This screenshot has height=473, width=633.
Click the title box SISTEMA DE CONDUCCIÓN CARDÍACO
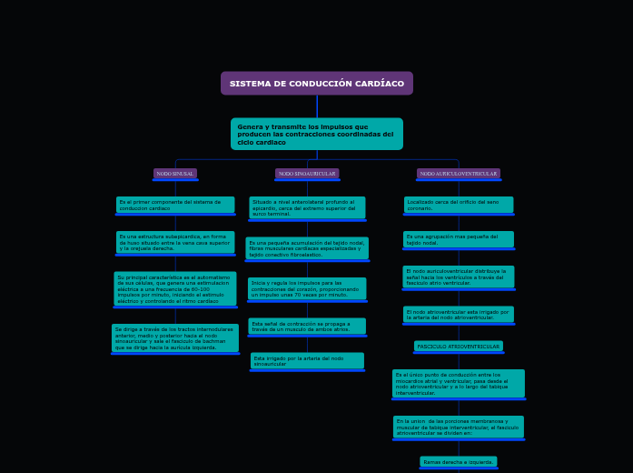coord(316,84)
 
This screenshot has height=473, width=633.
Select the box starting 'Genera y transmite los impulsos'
coord(316,135)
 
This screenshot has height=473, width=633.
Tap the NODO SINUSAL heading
coord(175,174)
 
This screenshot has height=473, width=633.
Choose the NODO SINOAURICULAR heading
coord(307,174)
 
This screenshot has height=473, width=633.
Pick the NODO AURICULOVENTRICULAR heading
coord(459,174)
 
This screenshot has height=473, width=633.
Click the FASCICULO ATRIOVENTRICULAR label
coord(459,347)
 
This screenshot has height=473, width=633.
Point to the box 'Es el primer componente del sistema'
coord(175,206)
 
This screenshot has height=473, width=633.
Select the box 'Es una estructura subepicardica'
coord(175,242)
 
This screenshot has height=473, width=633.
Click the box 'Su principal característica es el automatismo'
coord(175,289)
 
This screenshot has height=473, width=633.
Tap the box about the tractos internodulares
coord(175,337)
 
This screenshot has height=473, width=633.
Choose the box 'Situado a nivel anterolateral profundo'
coord(307,207)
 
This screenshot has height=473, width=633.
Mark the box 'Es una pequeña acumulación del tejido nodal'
coord(307,248)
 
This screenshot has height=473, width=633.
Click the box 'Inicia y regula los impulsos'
coord(307,289)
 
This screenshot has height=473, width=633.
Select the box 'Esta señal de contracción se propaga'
coord(307,326)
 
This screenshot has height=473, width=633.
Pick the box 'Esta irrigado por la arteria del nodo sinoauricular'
coord(307,361)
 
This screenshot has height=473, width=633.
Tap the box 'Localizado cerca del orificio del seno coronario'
coord(459,206)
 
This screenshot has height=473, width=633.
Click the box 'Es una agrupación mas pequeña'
coord(459,240)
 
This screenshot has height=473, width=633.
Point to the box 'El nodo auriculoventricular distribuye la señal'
coord(459,277)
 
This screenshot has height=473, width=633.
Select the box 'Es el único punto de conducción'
coord(459,383)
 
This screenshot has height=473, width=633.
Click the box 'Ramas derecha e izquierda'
coord(459,462)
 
